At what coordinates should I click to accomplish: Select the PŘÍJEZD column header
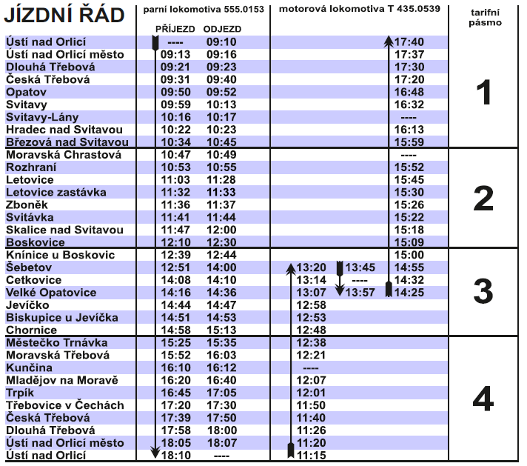(175, 29)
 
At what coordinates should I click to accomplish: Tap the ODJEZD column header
(223, 29)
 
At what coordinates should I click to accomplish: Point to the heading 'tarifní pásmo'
(485, 18)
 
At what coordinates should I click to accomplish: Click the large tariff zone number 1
(483, 93)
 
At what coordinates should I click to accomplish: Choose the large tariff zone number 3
(483, 292)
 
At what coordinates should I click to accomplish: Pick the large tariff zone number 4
(483, 400)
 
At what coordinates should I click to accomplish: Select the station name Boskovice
(36, 242)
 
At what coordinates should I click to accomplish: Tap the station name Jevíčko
(27, 305)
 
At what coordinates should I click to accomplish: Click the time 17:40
(409, 42)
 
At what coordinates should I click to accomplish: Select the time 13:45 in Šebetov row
(360, 267)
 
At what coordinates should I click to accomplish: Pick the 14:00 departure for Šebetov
(221, 267)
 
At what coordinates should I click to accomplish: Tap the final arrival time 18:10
(175, 456)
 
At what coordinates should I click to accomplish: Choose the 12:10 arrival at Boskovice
(175, 242)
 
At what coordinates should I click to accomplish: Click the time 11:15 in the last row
(311, 456)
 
